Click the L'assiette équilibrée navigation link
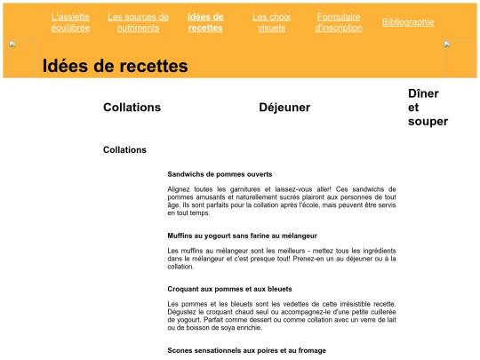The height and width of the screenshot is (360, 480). pyautogui.click(x=70, y=22)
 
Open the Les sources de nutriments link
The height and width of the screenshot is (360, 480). pyautogui.click(x=138, y=22)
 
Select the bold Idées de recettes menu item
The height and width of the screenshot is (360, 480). pyautogui.click(x=205, y=22)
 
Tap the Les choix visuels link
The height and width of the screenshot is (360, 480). pyautogui.click(x=271, y=22)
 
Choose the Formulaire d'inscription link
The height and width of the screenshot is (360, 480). pyautogui.click(x=339, y=22)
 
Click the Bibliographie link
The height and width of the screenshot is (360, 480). pyautogui.click(x=408, y=22)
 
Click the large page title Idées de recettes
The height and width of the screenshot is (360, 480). pyautogui.click(x=115, y=67)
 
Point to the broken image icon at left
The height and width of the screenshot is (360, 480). pyautogui.click(x=12, y=44)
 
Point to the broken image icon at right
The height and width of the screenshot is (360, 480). pyautogui.click(x=447, y=44)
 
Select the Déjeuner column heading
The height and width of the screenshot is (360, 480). pyautogui.click(x=284, y=108)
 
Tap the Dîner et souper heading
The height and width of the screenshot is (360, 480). pyautogui.click(x=428, y=108)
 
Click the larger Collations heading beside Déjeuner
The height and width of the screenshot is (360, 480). pyautogui.click(x=132, y=108)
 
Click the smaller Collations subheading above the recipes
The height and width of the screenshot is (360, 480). pyautogui.click(x=124, y=150)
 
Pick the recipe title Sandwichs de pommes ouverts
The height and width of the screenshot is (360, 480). pyautogui.click(x=220, y=174)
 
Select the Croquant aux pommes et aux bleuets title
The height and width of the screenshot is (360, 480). pyautogui.click(x=229, y=289)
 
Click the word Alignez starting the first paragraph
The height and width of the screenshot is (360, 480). pyautogui.click(x=181, y=189)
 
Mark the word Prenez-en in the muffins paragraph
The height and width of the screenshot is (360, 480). pyautogui.click(x=308, y=259)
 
